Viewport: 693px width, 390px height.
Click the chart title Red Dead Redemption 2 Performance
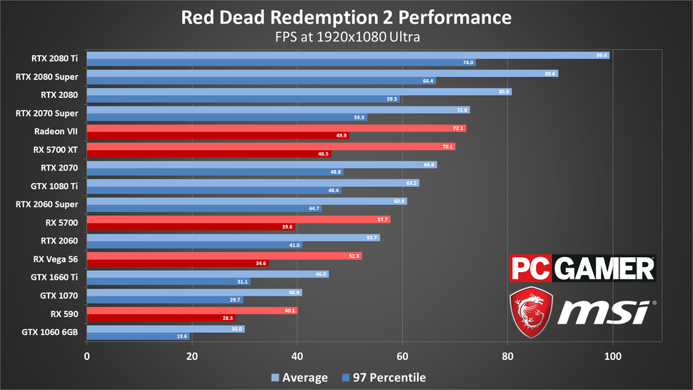coord(346,16)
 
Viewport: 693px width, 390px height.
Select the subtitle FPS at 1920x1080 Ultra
coord(346,36)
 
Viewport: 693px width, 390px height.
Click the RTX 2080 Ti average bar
coord(347,55)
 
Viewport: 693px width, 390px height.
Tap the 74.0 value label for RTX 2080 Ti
coord(467,63)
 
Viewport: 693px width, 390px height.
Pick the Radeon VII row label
coord(56,131)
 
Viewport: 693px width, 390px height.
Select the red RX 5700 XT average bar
coord(270,146)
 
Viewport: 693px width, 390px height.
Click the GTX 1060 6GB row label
coord(52,332)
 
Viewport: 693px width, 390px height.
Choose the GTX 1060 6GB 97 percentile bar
coord(138,336)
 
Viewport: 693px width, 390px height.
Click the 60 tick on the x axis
coord(402,355)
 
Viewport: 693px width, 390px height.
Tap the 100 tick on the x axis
coord(612,355)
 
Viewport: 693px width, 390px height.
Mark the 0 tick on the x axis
coord(87,355)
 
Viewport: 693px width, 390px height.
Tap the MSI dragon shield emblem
coord(531,312)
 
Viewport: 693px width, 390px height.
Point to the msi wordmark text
coord(604,313)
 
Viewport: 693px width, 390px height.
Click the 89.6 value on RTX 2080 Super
coord(549,74)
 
